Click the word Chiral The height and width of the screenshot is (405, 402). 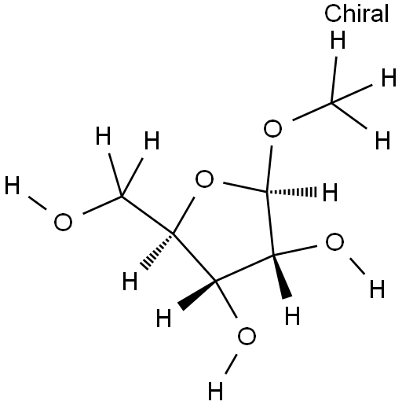click(356, 13)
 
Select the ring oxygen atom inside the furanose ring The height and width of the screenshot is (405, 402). click(204, 179)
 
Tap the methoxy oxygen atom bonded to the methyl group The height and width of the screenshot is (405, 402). click(272, 128)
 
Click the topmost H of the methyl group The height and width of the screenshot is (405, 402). click(338, 40)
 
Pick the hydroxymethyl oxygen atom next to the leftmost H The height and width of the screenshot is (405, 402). click(63, 222)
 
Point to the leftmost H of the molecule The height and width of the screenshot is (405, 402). click(13, 186)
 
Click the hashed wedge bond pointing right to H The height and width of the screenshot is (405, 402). click(292, 192)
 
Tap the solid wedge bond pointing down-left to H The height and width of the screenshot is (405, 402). click(197, 294)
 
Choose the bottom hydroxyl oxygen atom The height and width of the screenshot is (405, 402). click(247, 337)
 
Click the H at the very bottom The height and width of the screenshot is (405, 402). click(215, 391)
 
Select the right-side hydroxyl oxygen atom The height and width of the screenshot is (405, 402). click(334, 241)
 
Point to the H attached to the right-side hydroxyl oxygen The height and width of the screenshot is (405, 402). click(377, 289)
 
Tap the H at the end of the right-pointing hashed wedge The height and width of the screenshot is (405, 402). click(330, 192)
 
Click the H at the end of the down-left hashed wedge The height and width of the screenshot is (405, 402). click(130, 281)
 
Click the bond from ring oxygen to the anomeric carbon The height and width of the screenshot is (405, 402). click(245, 187)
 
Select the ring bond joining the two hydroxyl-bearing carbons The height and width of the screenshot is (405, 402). click(244, 267)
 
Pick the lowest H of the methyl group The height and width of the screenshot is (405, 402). click(382, 140)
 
